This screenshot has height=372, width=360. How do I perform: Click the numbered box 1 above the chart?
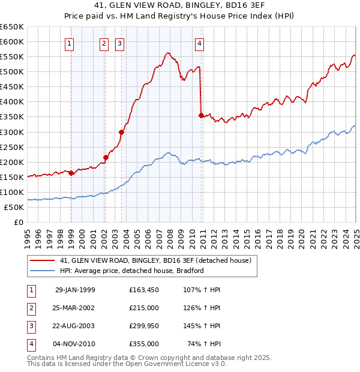pos(70,43)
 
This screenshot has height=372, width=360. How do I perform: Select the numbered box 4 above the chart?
pos(199,43)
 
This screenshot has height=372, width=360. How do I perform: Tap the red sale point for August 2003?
pos(121,132)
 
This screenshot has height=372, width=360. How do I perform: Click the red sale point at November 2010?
pos(201,115)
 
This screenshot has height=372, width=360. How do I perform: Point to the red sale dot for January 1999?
pos(71,173)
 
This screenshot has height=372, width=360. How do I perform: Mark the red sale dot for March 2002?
pos(106,157)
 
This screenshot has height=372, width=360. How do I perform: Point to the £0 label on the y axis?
pos(18,222)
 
